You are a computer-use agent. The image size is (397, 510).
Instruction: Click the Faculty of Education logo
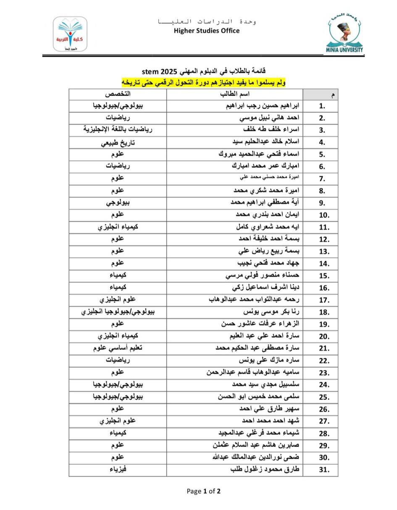[x=70, y=34]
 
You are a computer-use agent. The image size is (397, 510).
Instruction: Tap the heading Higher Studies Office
[x=207, y=30]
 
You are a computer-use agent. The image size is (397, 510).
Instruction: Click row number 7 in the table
[x=322, y=179]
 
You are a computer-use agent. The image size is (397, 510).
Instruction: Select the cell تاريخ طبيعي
[x=118, y=143]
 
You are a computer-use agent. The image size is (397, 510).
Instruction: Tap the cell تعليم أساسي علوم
[x=118, y=348]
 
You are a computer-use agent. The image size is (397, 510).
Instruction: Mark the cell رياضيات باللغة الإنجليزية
[x=118, y=130]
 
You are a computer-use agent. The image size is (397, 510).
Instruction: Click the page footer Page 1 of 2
[x=204, y=491]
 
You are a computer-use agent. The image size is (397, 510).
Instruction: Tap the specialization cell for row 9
[x=118, y=203]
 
